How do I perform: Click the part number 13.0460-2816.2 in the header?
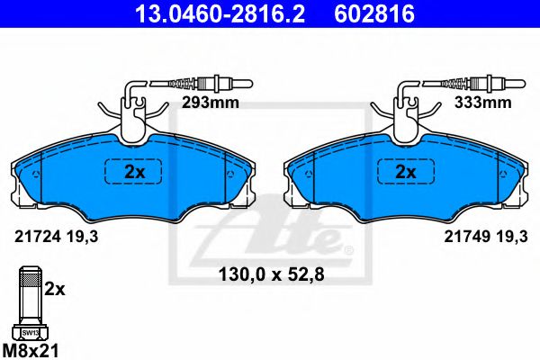[220, 13]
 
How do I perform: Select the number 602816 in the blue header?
[374, 13]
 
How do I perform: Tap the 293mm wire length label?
[211, 103]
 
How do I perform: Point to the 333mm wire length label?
[482, 103]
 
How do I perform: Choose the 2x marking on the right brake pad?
[406, 172]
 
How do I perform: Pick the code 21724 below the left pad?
[38, 237]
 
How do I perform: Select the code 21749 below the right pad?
[467, 237]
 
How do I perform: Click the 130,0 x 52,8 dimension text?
[272, 274]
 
